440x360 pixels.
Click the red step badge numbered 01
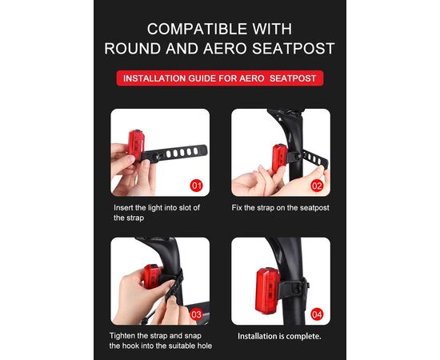(x=197, y=185)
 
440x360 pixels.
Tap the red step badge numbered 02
(x=317, y=185)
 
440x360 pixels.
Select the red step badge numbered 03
(x=197, y=313)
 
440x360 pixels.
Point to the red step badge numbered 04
(x=317, y=313)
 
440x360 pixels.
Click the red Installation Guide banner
(x=219, y=78)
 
